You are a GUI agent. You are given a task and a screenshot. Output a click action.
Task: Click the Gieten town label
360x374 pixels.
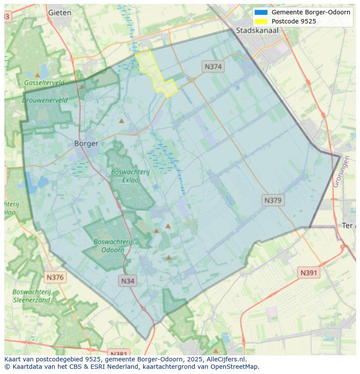[x=60, y=13]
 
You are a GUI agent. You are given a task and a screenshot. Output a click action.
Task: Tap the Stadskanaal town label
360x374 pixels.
[x=257, y=30]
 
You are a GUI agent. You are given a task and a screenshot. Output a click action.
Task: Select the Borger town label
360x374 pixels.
[x=86, y=143]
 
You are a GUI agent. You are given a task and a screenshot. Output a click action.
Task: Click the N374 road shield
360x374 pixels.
[x=213, y=66]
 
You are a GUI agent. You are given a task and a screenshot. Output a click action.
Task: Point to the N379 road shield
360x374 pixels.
[x=273, y=200]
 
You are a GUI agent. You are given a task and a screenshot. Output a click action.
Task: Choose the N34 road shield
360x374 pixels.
[x=127, y=281]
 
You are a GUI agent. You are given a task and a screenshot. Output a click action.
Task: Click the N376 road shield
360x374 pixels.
[x=55, y=277]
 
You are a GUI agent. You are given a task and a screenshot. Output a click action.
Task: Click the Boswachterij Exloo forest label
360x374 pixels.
[x=130, y=175]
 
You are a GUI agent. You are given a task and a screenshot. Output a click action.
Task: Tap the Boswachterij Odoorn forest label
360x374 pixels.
[x=113, y=245]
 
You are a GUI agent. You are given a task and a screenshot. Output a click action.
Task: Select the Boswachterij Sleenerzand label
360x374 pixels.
[x=31, y=296]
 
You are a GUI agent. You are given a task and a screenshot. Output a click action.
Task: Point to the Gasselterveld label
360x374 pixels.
[x=44, y=83]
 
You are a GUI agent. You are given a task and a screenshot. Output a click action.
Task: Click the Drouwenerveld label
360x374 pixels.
[x=45, y=100]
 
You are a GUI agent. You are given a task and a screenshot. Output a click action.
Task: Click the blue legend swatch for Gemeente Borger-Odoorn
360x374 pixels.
[x=261, y=12]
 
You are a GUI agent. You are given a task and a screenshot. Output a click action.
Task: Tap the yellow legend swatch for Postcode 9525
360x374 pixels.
[x=261, y=21]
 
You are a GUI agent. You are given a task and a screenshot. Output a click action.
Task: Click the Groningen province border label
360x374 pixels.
[x=341, y=172]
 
